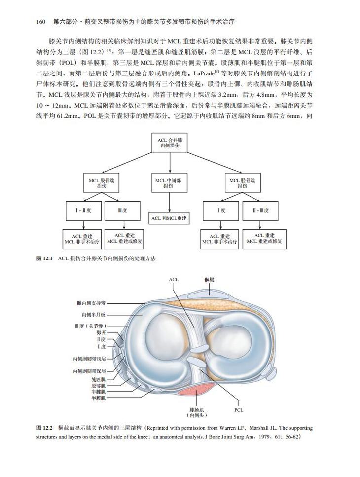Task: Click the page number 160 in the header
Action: [41, 22]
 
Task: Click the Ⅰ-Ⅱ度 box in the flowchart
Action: [83, 211]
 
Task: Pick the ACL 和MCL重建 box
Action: [170, 218]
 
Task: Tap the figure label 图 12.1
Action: [45, 258]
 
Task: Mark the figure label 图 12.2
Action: [45, 428]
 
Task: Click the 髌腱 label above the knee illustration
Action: [209, 279]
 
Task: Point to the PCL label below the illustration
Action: [239, 410]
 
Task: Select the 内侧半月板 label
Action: [93, 315]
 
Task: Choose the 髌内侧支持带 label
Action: [90, 303]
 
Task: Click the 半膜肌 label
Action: [98, 397]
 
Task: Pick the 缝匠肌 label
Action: [98, 379]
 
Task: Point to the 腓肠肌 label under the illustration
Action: [196, 410]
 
